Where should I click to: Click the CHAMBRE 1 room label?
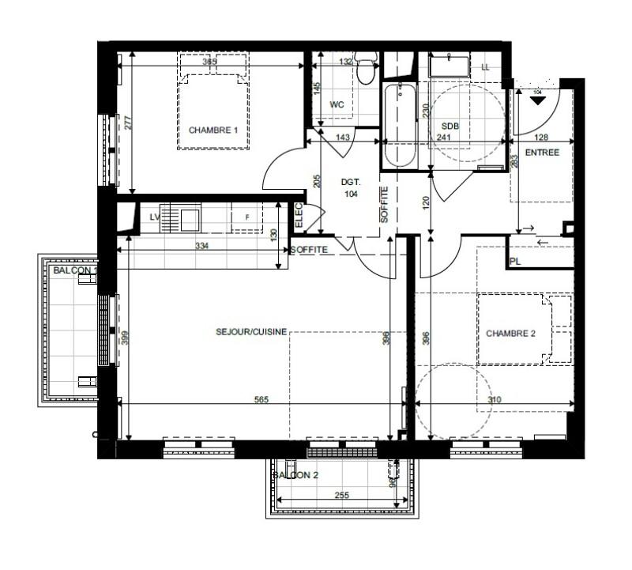[x=213, y=130]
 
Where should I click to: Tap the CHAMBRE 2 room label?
[x=510, y=334]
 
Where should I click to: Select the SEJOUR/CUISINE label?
[x=250, y=333]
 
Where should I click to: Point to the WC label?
[x=337, y=104]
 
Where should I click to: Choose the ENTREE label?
[x=542, y=153]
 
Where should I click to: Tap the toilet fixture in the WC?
[x=364, y=71]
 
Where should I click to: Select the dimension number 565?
[x=261, y=400]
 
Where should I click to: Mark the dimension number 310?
[x=495, y=400]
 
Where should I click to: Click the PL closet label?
[x=516, y=262]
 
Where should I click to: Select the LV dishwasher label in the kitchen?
[x=156, y=217]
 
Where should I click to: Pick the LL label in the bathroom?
[x=485, y=67]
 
